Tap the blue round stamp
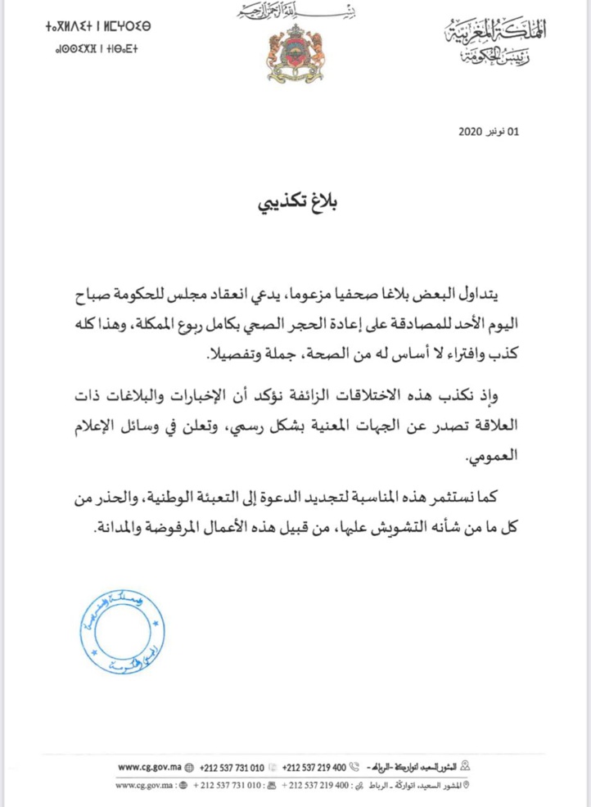[x=124, y=633]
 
